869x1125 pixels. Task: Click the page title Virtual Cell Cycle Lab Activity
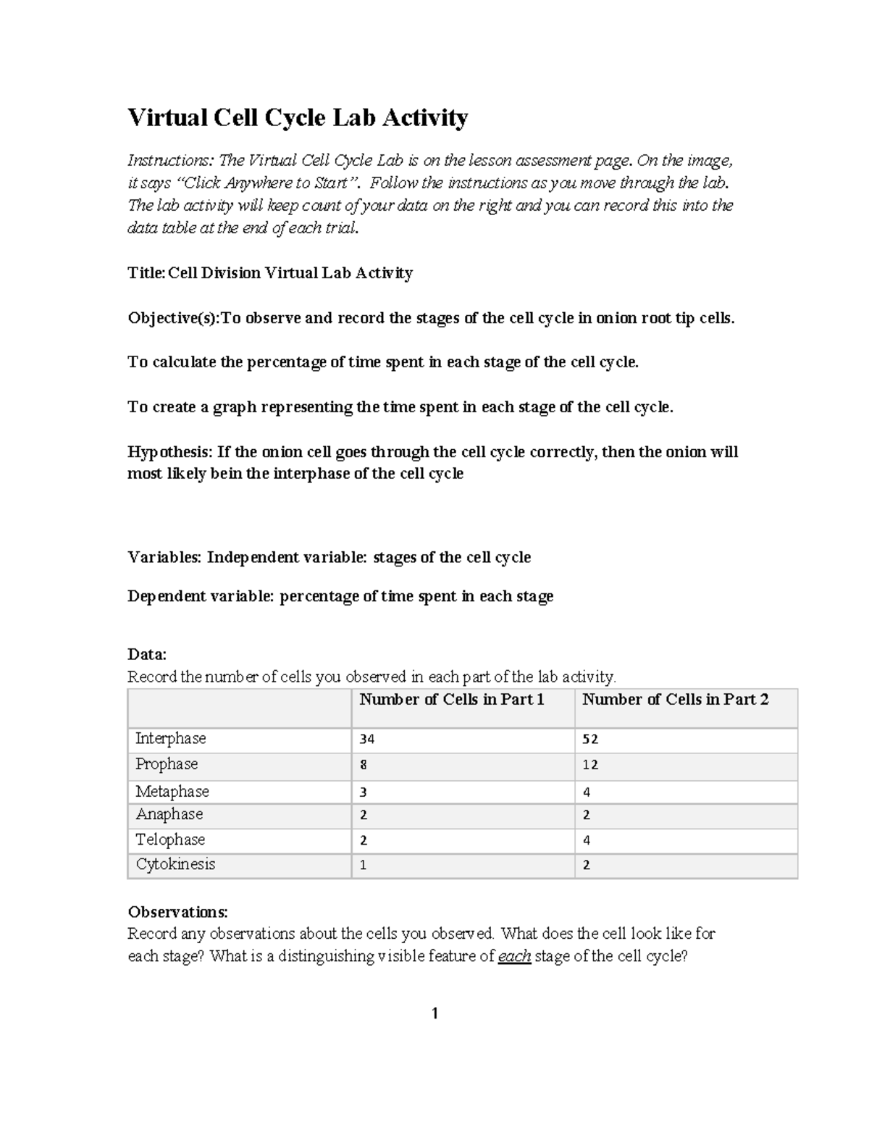pos(298,117)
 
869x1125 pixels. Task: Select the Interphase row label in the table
pos(171,739)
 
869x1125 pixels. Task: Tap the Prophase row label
pos(167,764)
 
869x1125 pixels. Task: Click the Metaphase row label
pos(172,791)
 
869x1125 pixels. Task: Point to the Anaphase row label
pos(169,814)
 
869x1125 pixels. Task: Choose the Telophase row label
pos(170,840)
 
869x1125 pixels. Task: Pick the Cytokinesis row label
pos(175,864)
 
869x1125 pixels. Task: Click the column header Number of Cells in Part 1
pos(452,700)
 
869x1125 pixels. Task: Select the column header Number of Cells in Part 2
pos(675,700)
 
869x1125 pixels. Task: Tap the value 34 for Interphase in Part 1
pos(367,740)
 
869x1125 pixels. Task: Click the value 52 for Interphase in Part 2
pos(590,740)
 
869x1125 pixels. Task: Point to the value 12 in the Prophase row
pos(590,765)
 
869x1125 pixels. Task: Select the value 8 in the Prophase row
pos(364,765)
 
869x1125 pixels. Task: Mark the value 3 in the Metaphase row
pos(364,792)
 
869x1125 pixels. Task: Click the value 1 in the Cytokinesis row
pos(364,865)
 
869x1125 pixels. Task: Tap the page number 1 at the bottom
pos(434,1013)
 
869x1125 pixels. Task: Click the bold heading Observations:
pos(177,911)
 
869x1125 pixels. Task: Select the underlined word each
pos(514,956)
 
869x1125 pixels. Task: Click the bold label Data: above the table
pos(147,655)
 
